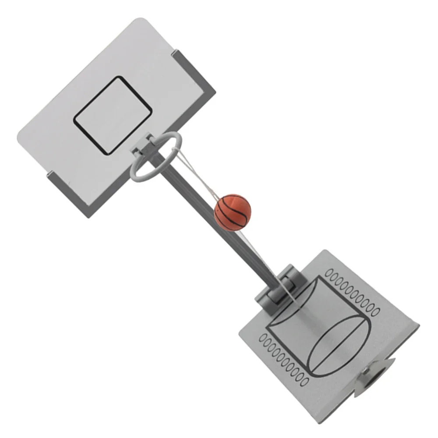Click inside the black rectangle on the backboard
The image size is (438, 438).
113,115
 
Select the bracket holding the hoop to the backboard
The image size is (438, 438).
143,148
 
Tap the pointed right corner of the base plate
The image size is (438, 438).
418,326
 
